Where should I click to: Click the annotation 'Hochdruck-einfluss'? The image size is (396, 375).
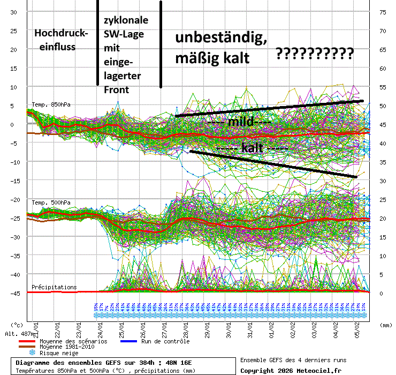tap(61, 40)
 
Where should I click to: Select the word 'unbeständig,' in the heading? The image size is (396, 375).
tap(222, 38)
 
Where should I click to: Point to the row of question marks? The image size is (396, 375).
tap(315, 54)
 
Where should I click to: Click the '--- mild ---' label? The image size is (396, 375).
tap(239, 122)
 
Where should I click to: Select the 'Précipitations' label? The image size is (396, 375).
tap(54, 287)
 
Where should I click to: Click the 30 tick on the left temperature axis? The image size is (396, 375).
tap(14, 12)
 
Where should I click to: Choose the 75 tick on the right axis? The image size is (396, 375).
tap(383, 12)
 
